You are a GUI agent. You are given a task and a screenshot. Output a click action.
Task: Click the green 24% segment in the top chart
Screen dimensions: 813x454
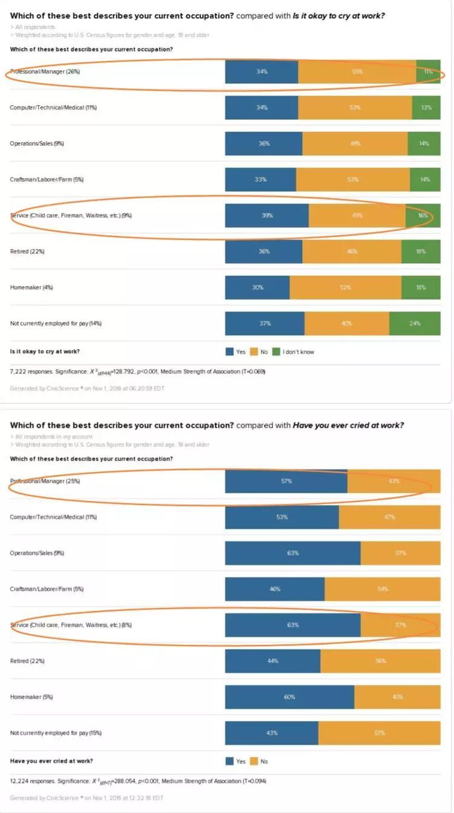tap(415, 323)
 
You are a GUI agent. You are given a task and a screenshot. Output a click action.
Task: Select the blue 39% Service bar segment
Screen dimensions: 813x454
tap(267, 215)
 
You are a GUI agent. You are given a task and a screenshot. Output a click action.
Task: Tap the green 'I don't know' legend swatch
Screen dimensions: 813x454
tap(276, 351)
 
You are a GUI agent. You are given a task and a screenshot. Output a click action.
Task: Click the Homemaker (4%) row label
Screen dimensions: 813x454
tap(31, 287)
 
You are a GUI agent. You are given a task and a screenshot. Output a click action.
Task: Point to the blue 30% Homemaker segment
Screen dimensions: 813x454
tap(257, 287)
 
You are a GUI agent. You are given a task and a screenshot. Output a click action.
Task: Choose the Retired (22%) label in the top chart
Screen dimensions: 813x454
tap(28, 251)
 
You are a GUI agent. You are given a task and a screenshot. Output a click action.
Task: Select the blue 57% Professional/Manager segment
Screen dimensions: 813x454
tap(286, 481)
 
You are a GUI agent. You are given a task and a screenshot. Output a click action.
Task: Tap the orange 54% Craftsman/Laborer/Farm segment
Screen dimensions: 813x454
tap(383, 589)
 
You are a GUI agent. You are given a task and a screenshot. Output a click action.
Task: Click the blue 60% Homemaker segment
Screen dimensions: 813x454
tap(289, 697)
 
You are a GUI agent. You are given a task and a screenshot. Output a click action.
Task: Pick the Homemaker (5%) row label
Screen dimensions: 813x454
tap(31, 697)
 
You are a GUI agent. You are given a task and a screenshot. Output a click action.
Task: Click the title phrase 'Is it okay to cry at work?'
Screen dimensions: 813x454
tap(338, 16)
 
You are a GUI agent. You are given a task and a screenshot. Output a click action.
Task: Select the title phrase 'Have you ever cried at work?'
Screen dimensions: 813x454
tap(348, 425)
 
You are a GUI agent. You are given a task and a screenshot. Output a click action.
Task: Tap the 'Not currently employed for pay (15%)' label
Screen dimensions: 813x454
tap(56, 733)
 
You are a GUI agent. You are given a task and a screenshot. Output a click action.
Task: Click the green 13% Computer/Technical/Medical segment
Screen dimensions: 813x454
tap(426, 108)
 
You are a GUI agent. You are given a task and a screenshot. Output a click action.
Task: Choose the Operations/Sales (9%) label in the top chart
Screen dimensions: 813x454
tap(37, 143)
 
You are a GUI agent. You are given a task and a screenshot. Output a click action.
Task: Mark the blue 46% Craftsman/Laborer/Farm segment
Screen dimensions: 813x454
tap(275, 589)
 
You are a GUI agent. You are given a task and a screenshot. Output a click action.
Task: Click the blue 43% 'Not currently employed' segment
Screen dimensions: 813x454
tap(272, 733)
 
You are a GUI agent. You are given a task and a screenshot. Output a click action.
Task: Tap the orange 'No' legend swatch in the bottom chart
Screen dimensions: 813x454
tap(254, 761)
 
